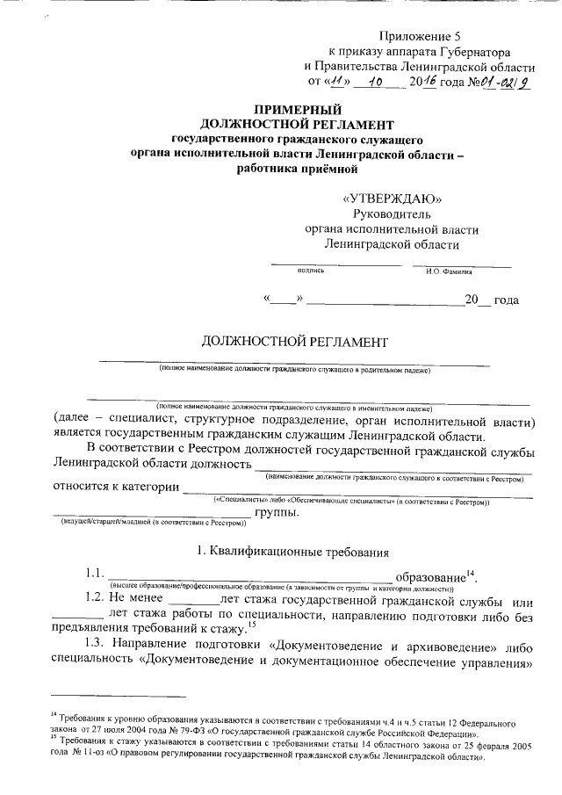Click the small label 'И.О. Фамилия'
tap(449, 271)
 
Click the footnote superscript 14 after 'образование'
tap(471, 572)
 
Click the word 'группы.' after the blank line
tap(277, 512)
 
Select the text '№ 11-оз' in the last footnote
tap(93, 755)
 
